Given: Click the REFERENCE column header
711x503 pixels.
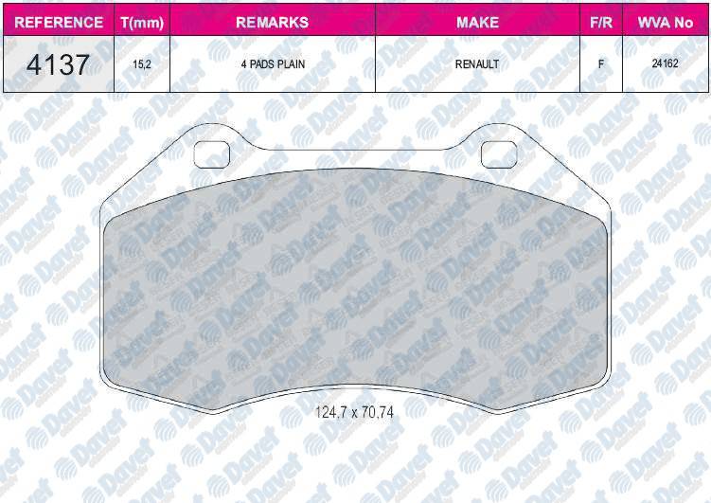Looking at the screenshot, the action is click(x=59, y=22).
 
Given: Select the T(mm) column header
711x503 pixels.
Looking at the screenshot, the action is click(x=142, y=23).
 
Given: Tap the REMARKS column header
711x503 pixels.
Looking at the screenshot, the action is click(x=272, y=22).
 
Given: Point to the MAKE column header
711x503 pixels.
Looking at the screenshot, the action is click(x=477, y=22).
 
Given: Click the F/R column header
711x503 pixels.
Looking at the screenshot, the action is click(x=601, y=22).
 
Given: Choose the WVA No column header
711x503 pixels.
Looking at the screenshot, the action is click(x=666, y=22).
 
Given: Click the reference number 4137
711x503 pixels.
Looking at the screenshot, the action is click(x=58, y=64).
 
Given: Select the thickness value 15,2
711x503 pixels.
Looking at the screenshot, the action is click(x=142, y=64).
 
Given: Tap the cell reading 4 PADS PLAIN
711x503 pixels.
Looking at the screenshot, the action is click(x=273, y=64).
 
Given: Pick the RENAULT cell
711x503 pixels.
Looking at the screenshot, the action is click(x=477, y=64).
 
